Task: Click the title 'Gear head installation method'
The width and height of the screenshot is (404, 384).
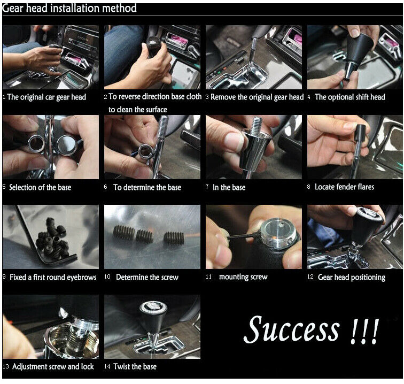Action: pos(69,8)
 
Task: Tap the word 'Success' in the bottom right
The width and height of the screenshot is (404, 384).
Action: pos(291,329)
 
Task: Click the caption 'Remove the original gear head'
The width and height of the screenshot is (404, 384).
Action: pos(257,97)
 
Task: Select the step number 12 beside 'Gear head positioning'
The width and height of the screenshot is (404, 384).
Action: pos(310,277)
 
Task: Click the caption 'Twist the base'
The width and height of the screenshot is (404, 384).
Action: pos(135,366)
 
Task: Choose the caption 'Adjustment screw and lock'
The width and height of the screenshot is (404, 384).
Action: pos(53,366)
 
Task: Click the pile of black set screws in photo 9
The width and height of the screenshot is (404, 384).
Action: pos(53,239)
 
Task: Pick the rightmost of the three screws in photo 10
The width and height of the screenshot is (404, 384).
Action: pos(174,238)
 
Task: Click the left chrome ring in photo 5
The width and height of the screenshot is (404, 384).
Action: pos(36,144)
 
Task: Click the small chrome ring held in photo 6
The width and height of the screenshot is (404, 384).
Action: pos(145,151)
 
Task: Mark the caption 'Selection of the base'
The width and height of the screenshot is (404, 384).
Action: pos(40,187)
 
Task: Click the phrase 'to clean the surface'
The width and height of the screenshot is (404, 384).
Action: pos(137,110)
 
